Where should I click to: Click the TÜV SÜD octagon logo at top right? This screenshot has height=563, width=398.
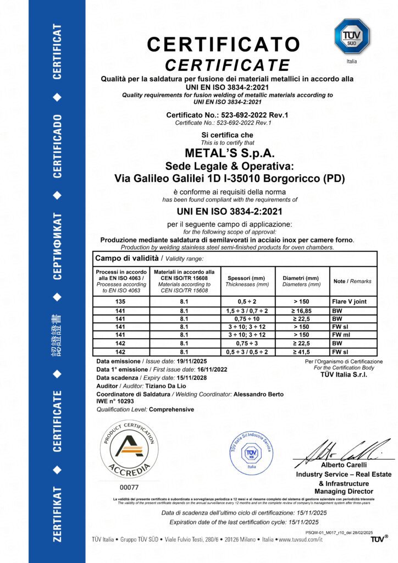[x=352, y=37]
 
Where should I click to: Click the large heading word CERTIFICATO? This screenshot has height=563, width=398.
[x=223, y=43]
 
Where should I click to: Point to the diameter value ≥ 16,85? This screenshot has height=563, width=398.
[x=302, y=311]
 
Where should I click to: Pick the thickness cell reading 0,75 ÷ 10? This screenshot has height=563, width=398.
[x=247, y=318]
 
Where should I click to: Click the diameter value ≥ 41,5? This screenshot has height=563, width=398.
[x=302, y=350]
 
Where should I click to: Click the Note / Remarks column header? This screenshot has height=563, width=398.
[x=352, y=281]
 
